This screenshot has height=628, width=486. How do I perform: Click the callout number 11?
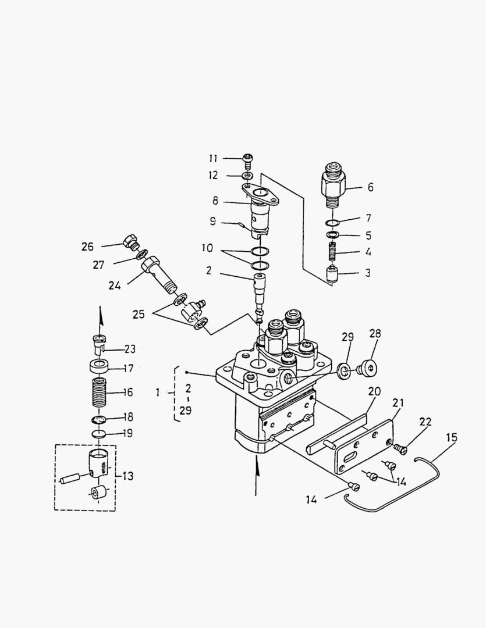(213, 158)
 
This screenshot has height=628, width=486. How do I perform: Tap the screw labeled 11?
(248, 161)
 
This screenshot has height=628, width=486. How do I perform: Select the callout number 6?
(370, 187)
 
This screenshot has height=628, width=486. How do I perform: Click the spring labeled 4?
(332, 253)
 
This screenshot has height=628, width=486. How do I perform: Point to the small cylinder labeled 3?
(332, 274)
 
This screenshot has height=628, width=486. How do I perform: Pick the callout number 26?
(87, 247)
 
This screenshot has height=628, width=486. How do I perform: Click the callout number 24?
(114, 285)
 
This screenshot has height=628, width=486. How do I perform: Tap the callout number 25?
(139, 314)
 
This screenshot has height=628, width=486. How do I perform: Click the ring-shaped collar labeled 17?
(99, 366)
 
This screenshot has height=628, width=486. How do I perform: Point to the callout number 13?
(127, 476)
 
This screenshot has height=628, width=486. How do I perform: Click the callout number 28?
(375, 333)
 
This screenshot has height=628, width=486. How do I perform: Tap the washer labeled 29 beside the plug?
(344, 370)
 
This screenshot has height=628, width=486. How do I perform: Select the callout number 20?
(374, 391)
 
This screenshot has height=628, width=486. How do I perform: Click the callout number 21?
(398, 402)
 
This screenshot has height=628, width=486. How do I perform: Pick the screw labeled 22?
(401, 449)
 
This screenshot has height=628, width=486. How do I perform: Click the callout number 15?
(452, 437)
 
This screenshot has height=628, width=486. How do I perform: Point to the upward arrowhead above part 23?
(100, 316)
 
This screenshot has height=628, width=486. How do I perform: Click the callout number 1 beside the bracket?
(158, 392)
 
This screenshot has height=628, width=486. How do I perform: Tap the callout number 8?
(215, 201)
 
